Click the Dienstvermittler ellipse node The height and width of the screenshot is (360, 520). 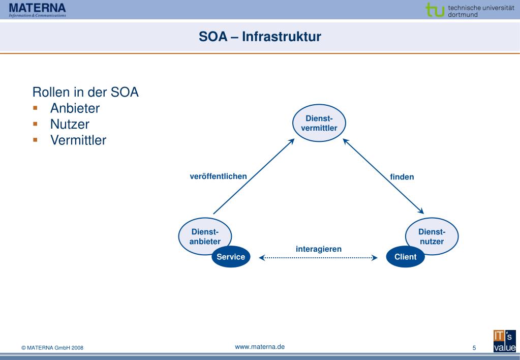319,123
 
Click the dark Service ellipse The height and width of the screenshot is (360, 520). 231,256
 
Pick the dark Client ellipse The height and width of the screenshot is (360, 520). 405,256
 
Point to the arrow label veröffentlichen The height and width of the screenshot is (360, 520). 218,176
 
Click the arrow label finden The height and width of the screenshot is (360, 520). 402,177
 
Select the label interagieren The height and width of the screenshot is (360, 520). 319,249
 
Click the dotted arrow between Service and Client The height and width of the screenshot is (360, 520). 318,258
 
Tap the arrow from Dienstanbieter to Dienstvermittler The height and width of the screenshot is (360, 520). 254,176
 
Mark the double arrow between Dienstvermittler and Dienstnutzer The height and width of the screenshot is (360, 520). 383,176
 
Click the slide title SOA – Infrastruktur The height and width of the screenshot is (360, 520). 260,37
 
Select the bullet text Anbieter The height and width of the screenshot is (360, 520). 75,108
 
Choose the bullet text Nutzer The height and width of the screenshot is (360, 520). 70,124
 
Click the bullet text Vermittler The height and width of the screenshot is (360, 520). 78,140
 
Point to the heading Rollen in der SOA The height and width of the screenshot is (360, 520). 85,92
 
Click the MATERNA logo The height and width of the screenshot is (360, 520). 38,10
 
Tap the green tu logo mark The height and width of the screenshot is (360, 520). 435,10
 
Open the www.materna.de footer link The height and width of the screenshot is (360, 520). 260,347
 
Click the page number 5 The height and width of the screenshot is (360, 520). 474,348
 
